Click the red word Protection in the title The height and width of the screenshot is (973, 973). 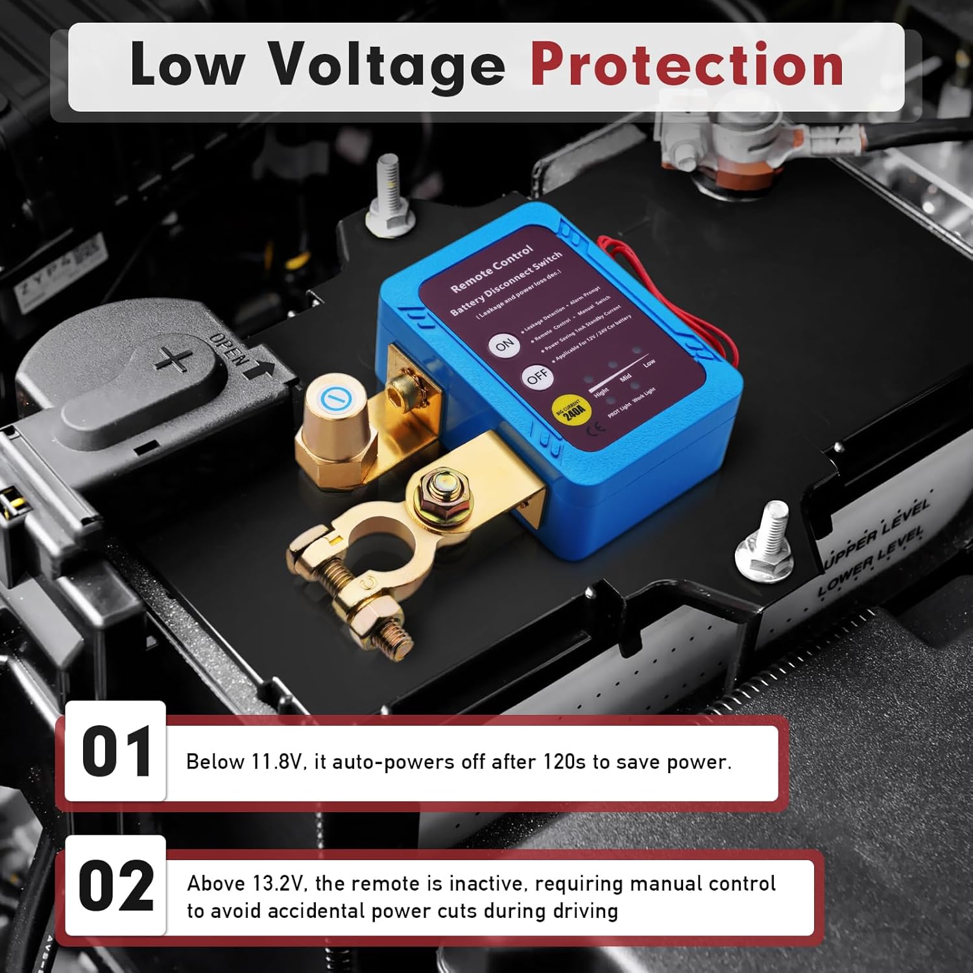pos(687,65)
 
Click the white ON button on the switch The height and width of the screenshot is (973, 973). pos(505,345)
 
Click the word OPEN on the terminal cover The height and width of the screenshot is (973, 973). pos(229,351)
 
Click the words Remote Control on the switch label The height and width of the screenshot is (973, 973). pos(491,267)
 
